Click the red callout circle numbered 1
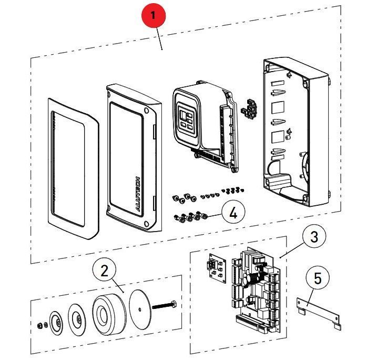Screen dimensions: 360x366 click(x=152, y=16)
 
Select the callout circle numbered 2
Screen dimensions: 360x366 click(x=104, y=272)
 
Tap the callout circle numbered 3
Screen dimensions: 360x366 click(x=314, y=237)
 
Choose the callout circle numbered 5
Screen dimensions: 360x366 click(x=318, y=278)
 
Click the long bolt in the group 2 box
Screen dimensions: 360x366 click(x=165, y=305)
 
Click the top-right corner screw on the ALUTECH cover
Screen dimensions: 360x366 click(x=146, y=111)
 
